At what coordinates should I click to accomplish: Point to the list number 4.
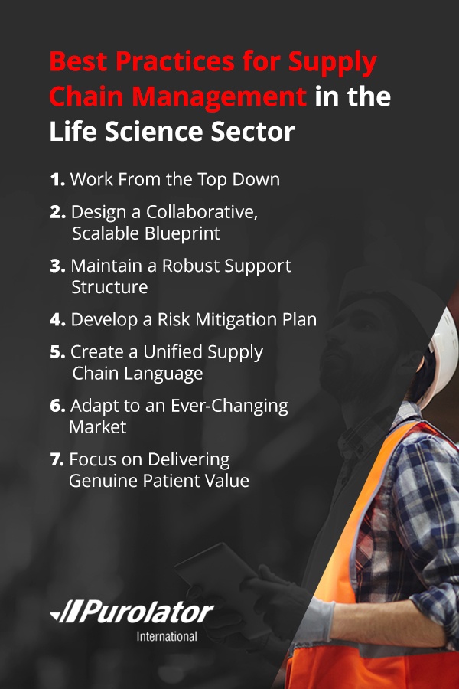[57, 319]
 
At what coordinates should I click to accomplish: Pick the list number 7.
[57, 459]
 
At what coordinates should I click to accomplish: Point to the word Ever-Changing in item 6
[229, 407]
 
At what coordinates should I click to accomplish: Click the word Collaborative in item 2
[202, 212]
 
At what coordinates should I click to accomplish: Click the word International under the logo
[167, 637]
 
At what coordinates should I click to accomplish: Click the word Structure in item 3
[109, 287]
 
